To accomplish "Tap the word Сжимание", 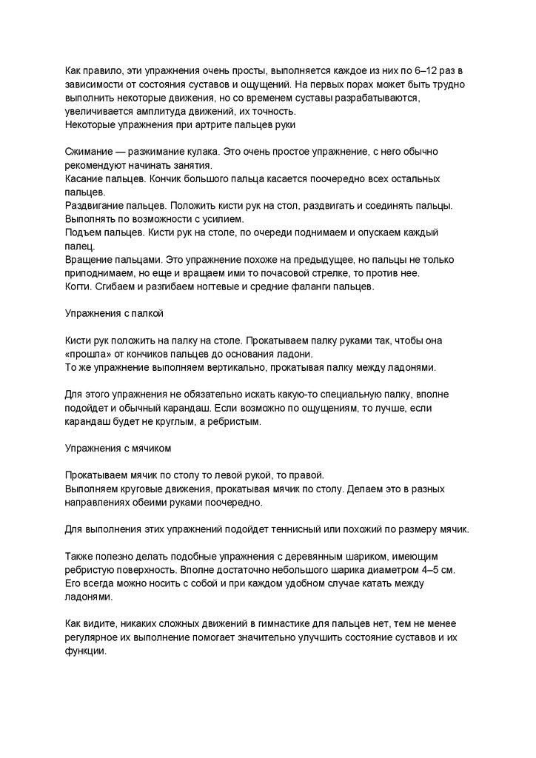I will click(90, 151).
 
